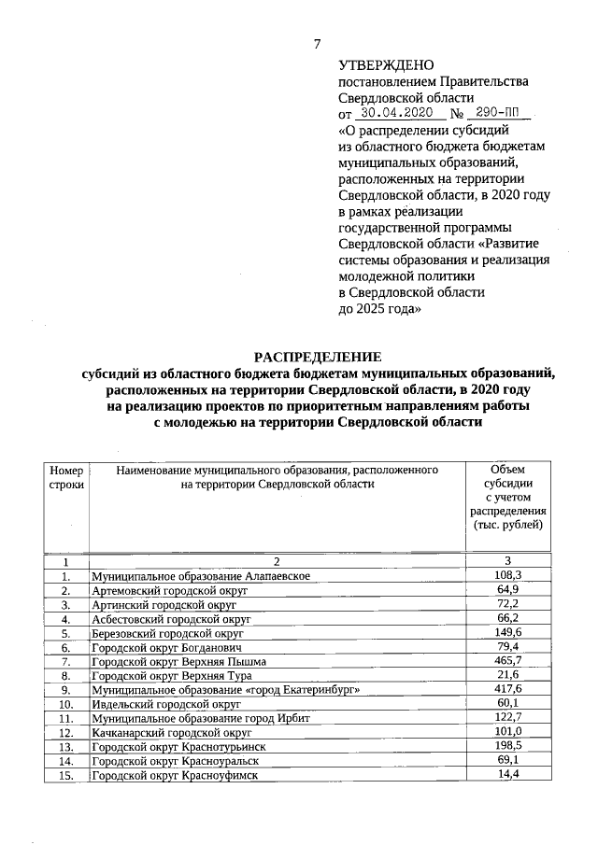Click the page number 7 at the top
coord(318,44)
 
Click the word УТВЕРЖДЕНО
coord(385,64)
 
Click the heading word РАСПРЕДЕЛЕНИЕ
coord(319,356)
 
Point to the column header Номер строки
coord(66,477)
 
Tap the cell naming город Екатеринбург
coord(224,690)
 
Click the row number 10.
coord(66,704)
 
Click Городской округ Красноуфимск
coord(174,776)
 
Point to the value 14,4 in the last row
coord(507,776)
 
